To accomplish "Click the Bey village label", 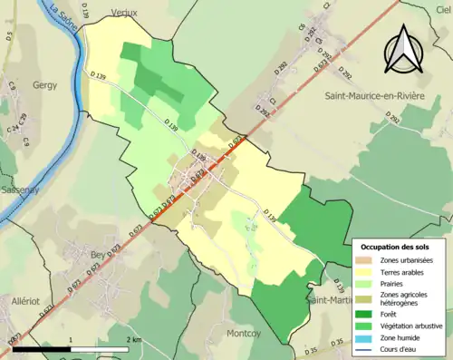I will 98,256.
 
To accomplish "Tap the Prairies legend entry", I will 394,283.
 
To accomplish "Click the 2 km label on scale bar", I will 133,340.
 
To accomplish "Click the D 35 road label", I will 313,349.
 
